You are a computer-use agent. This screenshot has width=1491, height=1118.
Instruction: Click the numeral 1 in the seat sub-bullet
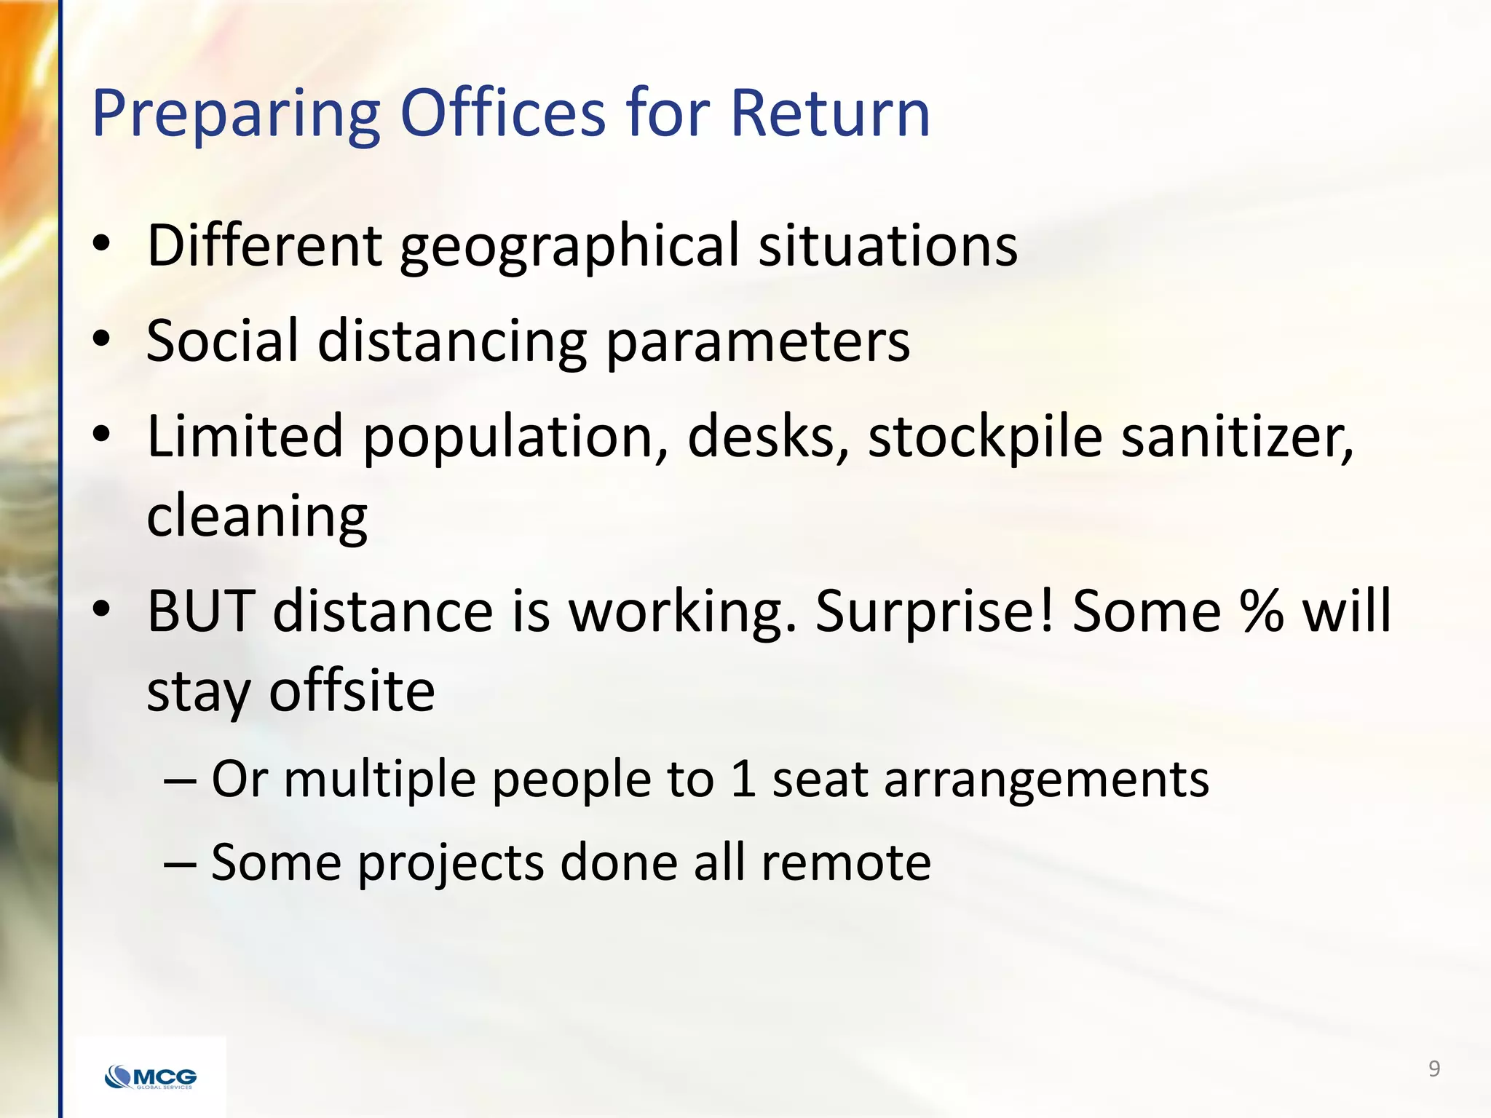coord(742,780)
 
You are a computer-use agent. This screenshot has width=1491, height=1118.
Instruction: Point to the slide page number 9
coord(1433,1069)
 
